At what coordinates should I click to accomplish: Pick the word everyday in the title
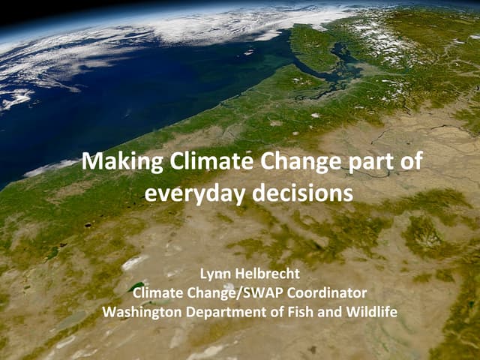click(193, 193)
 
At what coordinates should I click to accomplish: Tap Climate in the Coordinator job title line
click(166, 292)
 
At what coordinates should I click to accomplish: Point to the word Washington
click(139, 310)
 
